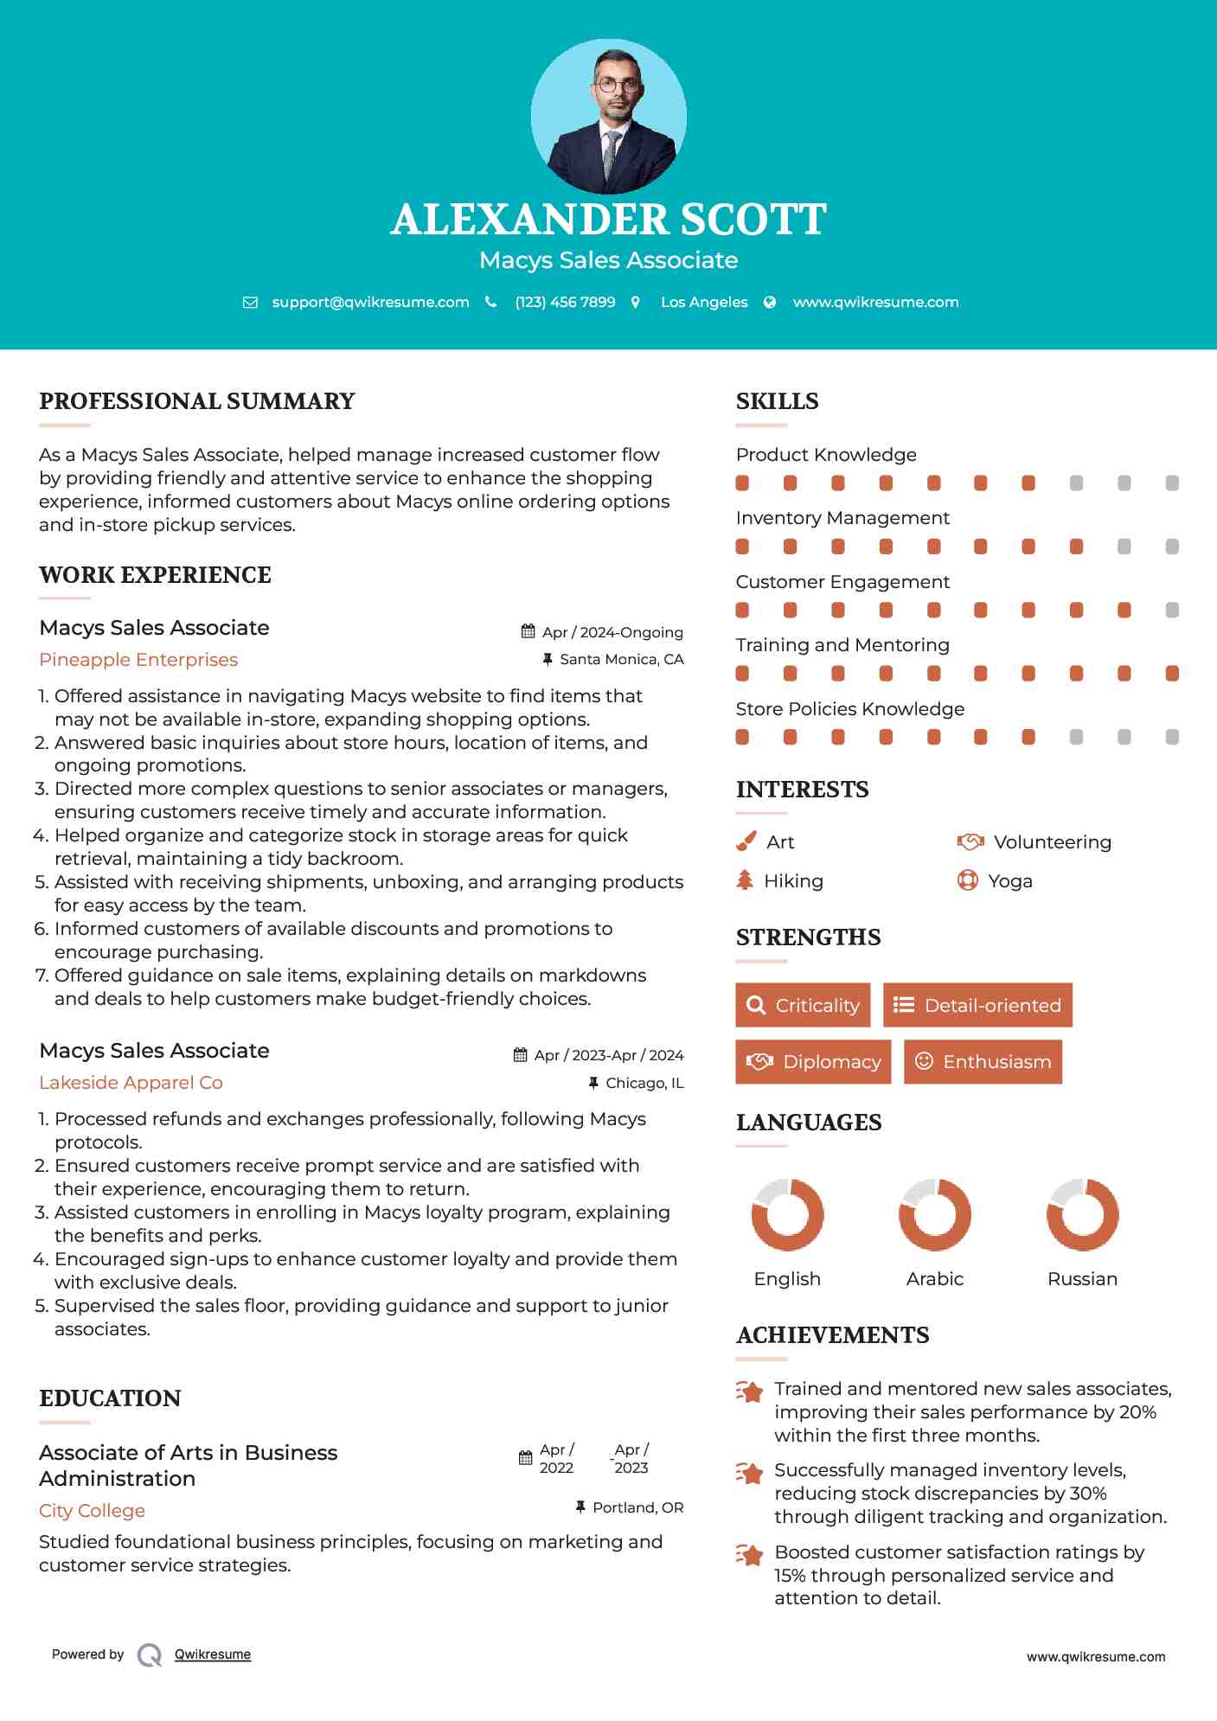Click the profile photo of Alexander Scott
point(608,116)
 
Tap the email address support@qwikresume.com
point(370,302)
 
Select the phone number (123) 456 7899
point(565,302)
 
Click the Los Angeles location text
point(703,302)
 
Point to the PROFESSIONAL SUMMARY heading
point(197,401)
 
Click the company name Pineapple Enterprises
point(138,660)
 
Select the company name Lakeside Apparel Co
point(131,1083)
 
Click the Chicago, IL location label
point(644,1083)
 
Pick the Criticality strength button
point(803,1005)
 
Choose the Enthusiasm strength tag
point(983,1061)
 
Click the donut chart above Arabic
point(934,1214)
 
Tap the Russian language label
point(1082,1278)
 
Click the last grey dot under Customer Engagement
point(1172,611)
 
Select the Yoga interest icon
point(968,880)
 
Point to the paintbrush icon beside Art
point(746,841)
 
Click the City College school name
point(92,1511)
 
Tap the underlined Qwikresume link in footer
point(213,1654)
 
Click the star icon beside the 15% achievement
point(750,1555)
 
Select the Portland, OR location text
point(637,1507)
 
